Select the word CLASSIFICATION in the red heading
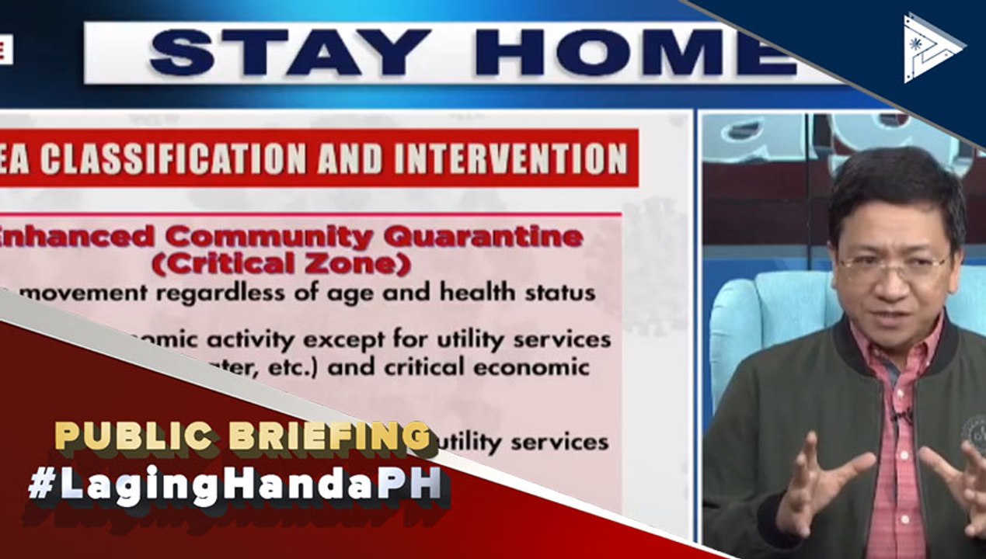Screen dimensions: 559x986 (x=172, y=159)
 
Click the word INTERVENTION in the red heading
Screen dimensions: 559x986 (x=510, y=158)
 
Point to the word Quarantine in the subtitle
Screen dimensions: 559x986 (x=503, y=237)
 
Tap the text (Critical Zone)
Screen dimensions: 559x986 (x=280, y=264)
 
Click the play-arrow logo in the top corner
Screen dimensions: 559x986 (x=932, y=47)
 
